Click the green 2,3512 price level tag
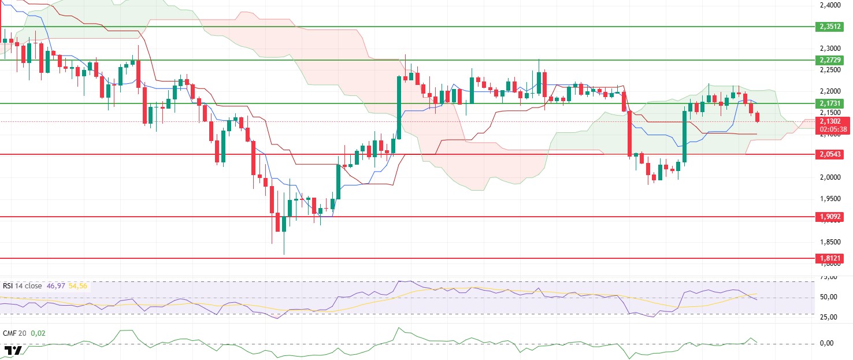pyautogui.click(x=831, y=27)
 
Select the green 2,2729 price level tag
pyautogui.click(x=831, y=60)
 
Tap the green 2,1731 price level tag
pyautogui.click(x=831, y=103)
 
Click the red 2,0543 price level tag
pyautogui.click(x=831, y=154)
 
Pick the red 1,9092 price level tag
pyautogui.click(x=831, y=217)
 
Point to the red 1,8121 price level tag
pyautogui.click(x=831, y=258)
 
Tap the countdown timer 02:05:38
pyautogui.click(x=831, y=129)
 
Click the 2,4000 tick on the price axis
pyautogui.click(x=830, y=6)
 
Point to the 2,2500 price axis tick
pyautogui.click(x=830, y=70)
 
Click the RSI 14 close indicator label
pyautogui.click(x=24, y=286)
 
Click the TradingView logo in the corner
pyautogui.click(x=13, y=350)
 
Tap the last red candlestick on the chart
pyautogui.click(x=758, y=117)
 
